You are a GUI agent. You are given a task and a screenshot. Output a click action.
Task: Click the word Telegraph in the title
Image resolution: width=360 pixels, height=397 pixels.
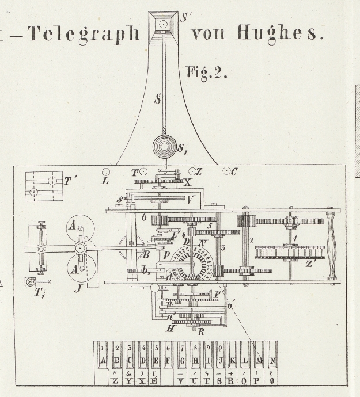[x=85, y=33]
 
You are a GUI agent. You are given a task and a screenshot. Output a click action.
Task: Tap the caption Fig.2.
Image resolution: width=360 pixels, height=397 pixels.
[x=207, y=73]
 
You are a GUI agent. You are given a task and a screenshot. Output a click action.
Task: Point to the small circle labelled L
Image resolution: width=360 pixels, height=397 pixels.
[x=106, y=171]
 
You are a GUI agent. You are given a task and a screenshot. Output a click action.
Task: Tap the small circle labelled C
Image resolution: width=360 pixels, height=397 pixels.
[x=227, y=171]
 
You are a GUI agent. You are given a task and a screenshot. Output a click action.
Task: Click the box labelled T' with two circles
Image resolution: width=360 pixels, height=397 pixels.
[x=43, y=186]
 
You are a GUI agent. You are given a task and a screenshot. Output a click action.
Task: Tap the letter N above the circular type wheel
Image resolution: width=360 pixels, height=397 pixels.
[x=203, y=243]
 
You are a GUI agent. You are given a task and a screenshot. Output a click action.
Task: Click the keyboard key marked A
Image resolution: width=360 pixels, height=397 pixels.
[x=103, y=361]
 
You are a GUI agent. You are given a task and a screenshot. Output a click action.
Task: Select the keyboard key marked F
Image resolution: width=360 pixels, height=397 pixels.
[x=168, y=361]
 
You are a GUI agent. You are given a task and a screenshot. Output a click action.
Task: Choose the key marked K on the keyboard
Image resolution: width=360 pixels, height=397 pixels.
[x=233, y=361]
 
